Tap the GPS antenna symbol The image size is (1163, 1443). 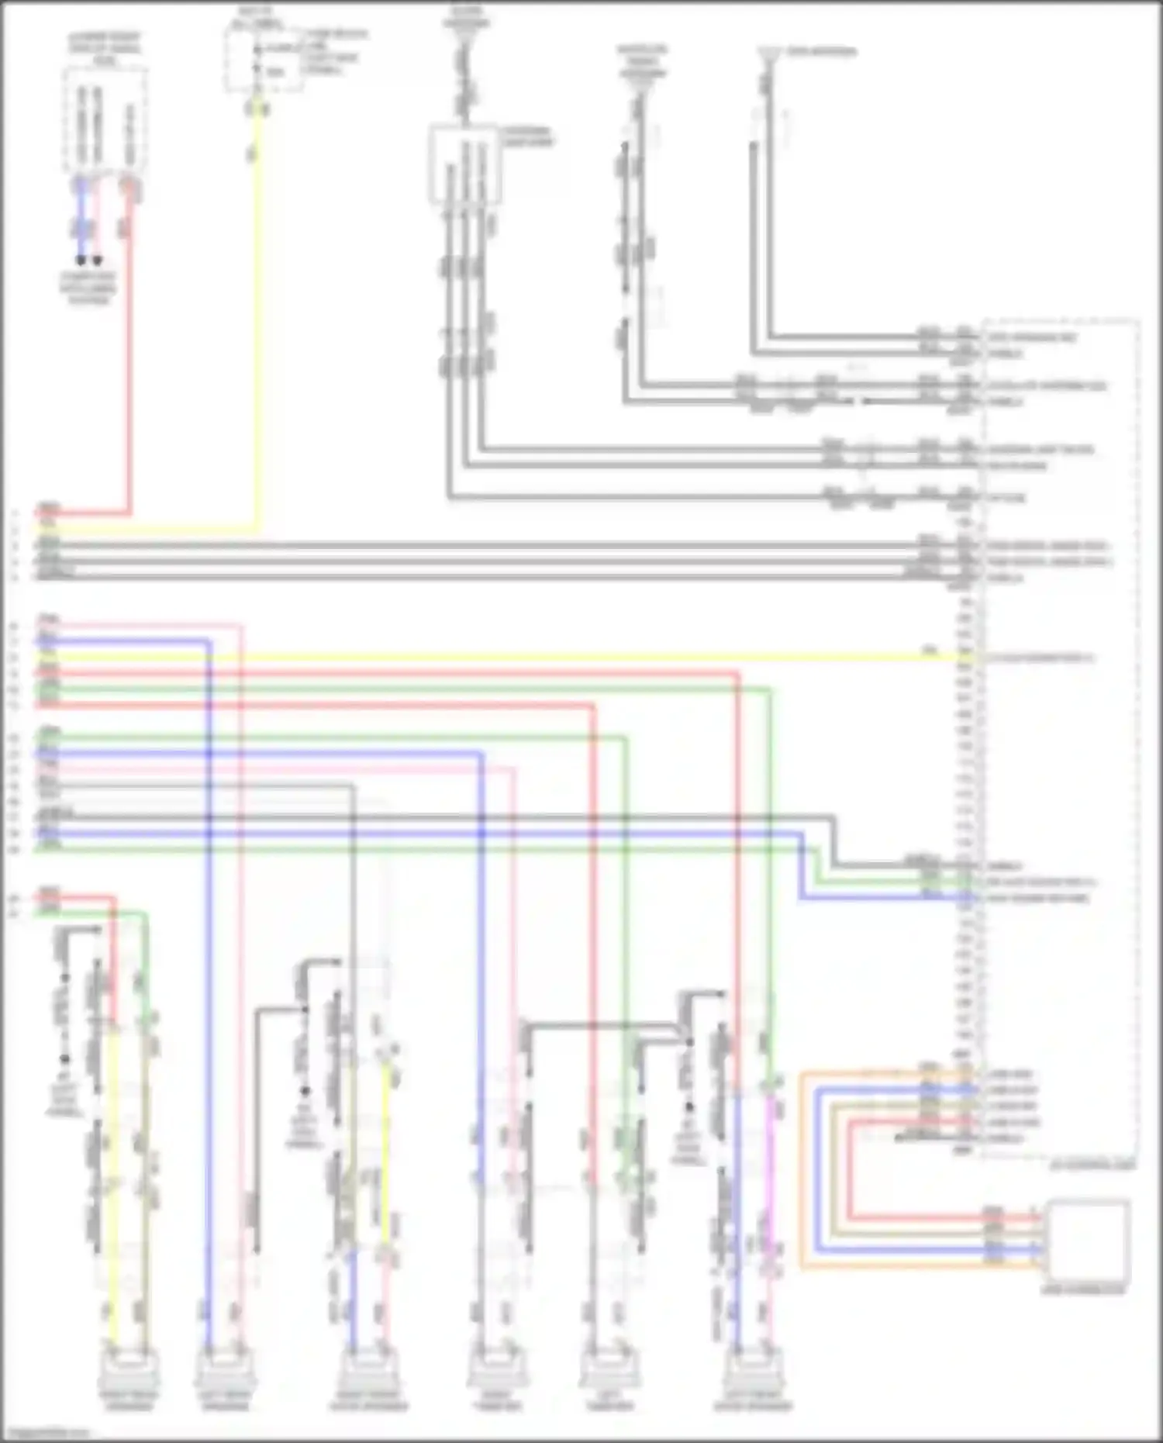[767, 54]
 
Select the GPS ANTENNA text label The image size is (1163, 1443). [821, 52]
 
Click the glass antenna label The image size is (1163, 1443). [467, 17]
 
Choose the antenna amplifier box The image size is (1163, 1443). [464, 163]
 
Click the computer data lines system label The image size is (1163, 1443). [88, 288]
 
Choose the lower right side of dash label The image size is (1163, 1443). [105, 48]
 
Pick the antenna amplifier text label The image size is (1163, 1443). [527, 136]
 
